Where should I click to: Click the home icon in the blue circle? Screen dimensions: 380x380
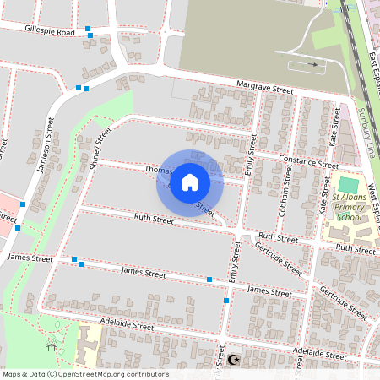pyautogui.click(x=189, y=182)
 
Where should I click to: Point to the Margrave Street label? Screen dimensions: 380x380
pyautogui.click(x=264, y=89)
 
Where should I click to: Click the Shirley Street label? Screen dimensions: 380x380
pyautogui.click(x=100, y=149)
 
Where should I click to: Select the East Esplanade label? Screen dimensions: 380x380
pyautogui.click(x=373, y=72)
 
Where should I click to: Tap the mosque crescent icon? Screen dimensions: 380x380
pyautogui.click(x=234, y=360)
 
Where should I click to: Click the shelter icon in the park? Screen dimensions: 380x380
pyautogui.click(x=52, y=345)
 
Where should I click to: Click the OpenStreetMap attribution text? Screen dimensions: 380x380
pyautogui.click(x=84, y=374)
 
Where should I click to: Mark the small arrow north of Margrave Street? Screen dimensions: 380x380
pyautogui.click(x=314, y=64)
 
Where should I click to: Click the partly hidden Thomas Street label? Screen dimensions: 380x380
pyautogui.click(x=158, y=170)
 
